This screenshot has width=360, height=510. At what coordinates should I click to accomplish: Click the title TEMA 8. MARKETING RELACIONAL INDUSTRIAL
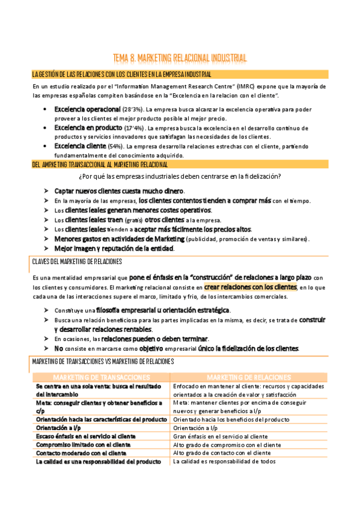[x=180, y=58]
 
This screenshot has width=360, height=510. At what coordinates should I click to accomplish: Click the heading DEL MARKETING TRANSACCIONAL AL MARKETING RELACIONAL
[x=100, y=164]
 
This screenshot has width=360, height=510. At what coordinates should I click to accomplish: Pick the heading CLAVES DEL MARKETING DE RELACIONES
[x=77, y=262]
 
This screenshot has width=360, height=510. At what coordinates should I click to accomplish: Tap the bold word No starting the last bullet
[x=58, y=348]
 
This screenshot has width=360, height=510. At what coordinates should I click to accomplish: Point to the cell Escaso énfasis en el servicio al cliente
[x=85, y=436]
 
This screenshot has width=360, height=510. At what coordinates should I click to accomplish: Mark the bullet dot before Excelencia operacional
[x=46, y=109]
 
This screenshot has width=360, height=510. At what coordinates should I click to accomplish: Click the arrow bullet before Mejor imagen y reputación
[x=46, y=248]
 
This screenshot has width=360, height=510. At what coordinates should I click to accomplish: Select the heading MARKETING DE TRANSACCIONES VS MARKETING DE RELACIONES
[x=103, y=361]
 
